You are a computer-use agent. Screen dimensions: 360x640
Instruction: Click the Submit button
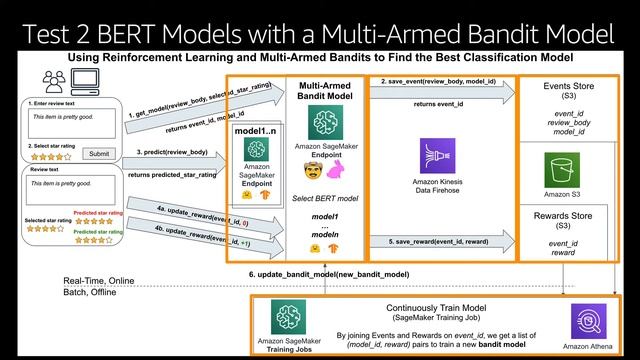click(97, 153)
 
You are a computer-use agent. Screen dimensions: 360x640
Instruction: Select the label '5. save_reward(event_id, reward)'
click(441, 240)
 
